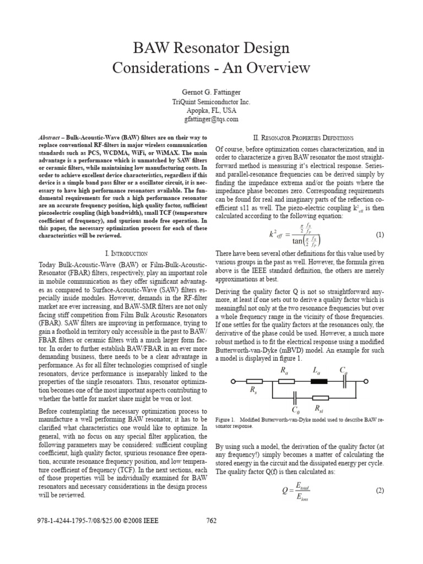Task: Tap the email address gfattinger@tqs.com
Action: click(x=211, y=118)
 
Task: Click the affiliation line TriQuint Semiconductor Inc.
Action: click(x=211, y=102)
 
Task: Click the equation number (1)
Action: click(x=379, y=234)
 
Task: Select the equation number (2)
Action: click(x=379, y=490)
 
